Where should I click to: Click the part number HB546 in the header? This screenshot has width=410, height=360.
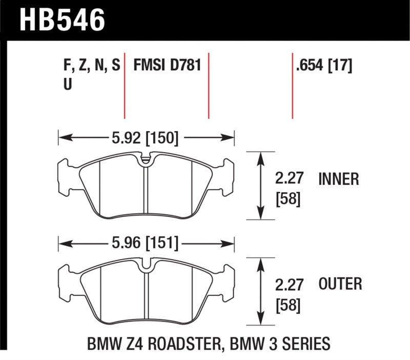pos(62,20)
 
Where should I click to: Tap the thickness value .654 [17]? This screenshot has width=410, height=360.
pos(323,66)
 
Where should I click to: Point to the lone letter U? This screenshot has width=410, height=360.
pos(67,86)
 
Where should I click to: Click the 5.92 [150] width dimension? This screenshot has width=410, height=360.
pos(146,137)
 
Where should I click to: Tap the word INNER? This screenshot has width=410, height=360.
pos(338,179)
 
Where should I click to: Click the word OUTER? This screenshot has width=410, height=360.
pos(340,283)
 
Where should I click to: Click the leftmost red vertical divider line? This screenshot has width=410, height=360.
pos(125,84)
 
